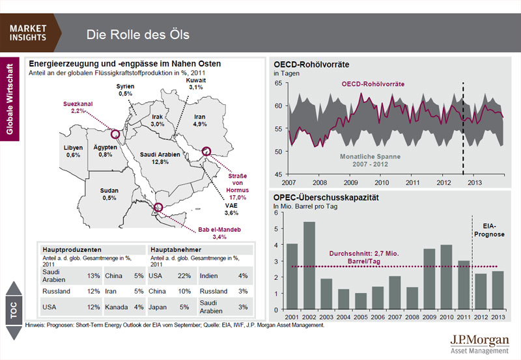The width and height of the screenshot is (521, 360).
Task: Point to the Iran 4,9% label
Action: pyautogui.click(x=200, y=120)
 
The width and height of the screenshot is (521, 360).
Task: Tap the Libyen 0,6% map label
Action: pyautogui.click(x=73, y=151)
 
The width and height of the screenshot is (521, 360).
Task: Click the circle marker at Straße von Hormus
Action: pyautogui.click(x=208, y=151)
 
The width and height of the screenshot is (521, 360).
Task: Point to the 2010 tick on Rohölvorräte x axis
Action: pyautogui.click(x=382, y=183)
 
